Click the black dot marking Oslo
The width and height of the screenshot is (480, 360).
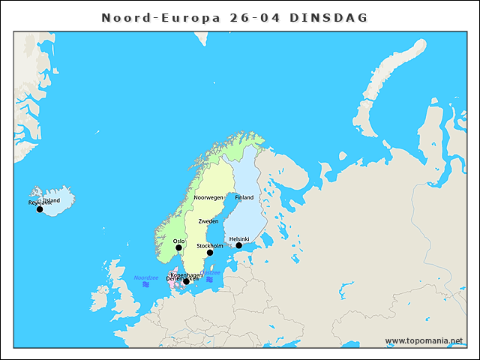(178, 247)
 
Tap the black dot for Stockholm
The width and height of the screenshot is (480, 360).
(210, 253)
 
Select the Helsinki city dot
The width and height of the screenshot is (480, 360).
(239, 245)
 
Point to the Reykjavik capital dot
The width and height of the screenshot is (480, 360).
(40, 209)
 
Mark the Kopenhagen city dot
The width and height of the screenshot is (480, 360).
(186, 282)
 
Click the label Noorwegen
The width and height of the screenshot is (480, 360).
(208, 197)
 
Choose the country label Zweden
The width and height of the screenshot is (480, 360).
(208, 221)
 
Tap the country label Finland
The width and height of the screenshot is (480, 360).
(244, 197)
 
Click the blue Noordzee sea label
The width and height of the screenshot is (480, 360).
(146, 277)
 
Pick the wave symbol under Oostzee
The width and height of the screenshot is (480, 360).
(210, 280)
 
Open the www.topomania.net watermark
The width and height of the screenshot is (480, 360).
(424, 340)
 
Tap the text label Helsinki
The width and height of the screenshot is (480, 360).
(239, 238)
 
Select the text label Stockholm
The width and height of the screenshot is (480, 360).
(209, 245)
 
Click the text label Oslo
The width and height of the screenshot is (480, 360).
(178, 241)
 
